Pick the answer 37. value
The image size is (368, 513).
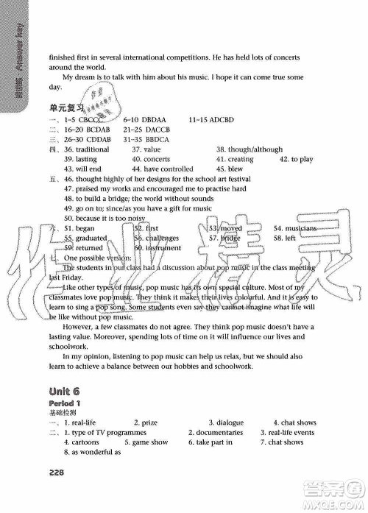tap(146, 149)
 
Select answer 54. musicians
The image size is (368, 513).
tap(295, 229)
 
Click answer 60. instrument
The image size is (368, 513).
tap(158, 249)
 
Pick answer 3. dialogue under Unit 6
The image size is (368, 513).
tap(227, 422)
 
